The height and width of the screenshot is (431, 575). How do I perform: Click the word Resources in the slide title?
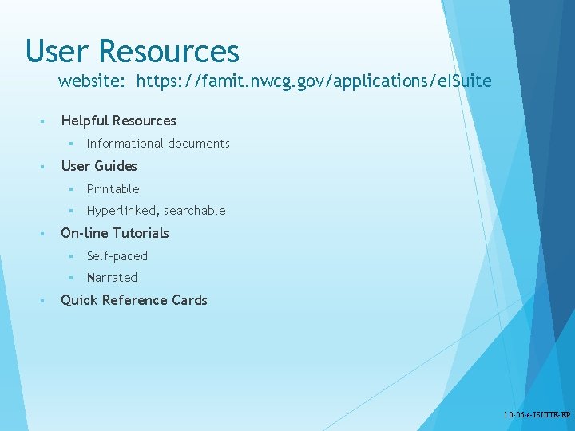point(169,51)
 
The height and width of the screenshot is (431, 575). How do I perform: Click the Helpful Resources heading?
point(118,121)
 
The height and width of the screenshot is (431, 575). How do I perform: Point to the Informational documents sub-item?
point(158,144)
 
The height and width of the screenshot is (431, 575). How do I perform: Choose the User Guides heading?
point(99,166)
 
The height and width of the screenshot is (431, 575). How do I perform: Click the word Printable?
point(113,189)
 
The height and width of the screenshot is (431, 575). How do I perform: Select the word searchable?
point(195,211)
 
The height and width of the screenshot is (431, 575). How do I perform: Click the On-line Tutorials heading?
point(115,233)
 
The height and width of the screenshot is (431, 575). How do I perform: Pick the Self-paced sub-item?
point(117,256)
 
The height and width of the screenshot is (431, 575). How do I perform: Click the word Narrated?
point(112,278)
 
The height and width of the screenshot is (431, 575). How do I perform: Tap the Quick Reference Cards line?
point(134,300)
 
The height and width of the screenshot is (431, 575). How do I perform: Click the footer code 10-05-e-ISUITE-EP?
point(537,416)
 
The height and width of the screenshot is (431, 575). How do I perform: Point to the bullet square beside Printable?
point(70,190)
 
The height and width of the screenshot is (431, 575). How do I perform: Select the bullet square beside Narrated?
point(70,279)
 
